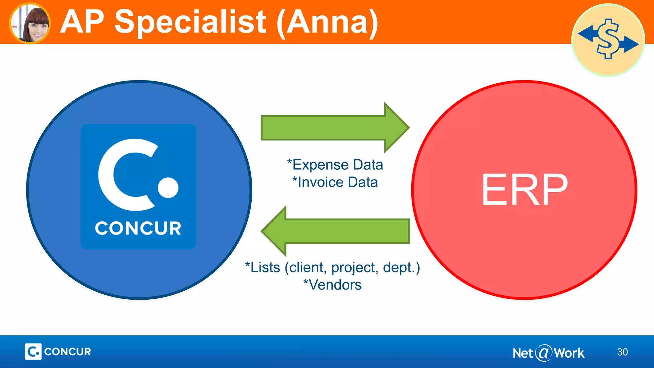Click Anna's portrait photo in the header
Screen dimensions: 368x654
(x=30, y=23)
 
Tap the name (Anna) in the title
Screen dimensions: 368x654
(x=327, y=22)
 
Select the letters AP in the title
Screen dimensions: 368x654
(x=82, y=22)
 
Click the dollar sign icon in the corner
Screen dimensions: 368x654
(x=608, y=40)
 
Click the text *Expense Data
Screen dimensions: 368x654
(x=335, y=165)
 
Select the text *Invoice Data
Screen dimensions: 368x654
(x=335, y=182)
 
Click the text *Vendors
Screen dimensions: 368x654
(x=332, y=285)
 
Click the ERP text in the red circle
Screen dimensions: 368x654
(x=524, y=190)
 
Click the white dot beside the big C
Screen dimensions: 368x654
(x=168, y=188)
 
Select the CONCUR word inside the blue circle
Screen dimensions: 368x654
(x=138, y=228)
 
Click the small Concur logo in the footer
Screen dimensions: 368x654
(x=58, y=352)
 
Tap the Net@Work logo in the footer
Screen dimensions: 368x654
(x=548, y=353)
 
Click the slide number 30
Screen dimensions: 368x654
(x=622, y=352)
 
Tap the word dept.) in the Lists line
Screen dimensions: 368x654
(x=401, y=268)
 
